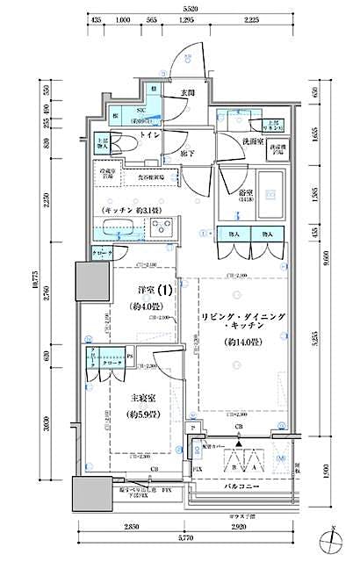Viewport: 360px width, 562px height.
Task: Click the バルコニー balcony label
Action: point(240,484)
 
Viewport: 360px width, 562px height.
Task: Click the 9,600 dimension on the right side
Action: point(327,261)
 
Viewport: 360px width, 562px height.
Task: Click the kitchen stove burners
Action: point(160,231)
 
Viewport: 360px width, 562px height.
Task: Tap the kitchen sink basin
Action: point(114,231)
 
